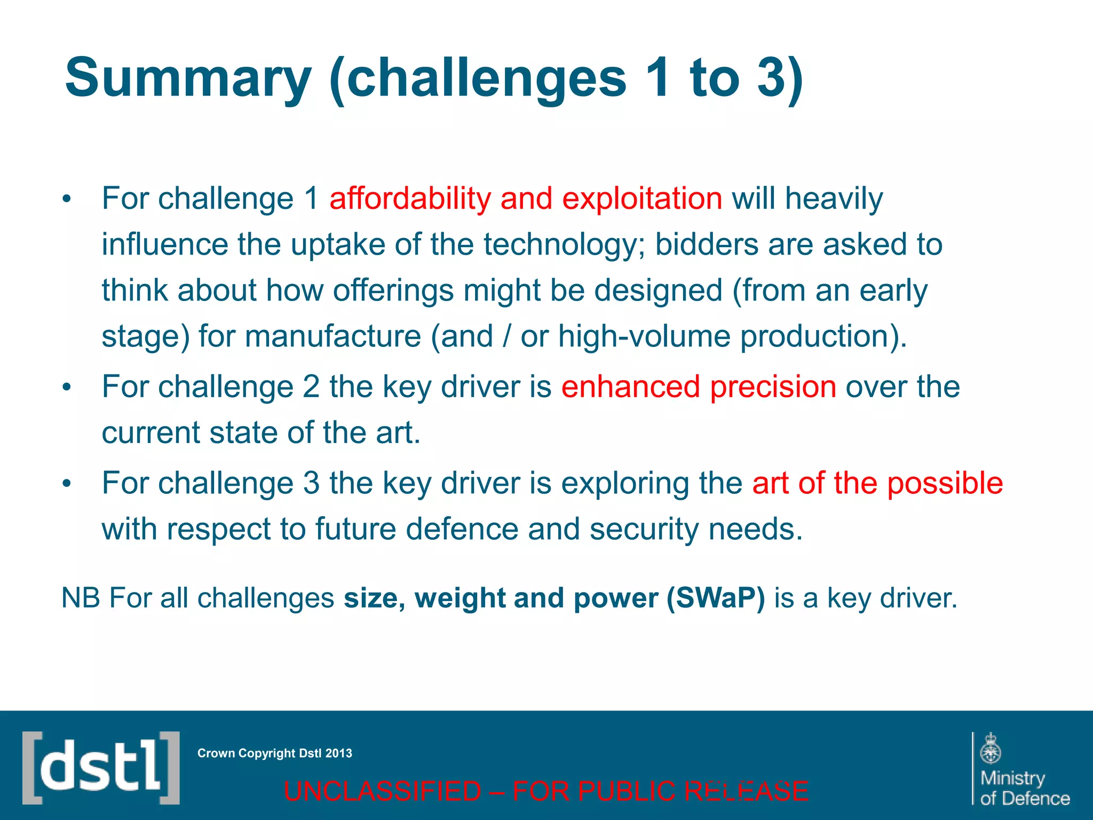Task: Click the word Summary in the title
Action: [x=188, y=79]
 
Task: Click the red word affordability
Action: [x=410, y=199]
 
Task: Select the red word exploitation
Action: [x=642, y=199]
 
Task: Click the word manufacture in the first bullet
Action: [x=332, y=337]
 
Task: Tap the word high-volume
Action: [x=644, y=337]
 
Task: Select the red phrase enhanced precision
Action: [x=699, y=387]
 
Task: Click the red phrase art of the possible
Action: [x=877, y=483]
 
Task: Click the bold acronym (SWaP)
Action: [x=715, y=598]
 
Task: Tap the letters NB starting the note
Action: [x=81, y=598]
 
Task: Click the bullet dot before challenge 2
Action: [x=66, y=388]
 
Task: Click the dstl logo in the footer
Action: [x=101, y=768]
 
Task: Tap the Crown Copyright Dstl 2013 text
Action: [x=274, y=753]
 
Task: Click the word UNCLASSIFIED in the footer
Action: [x=382, y=791]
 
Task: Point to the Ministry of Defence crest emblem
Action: [x=991, y=749]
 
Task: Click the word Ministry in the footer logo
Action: [x=1012, y=778]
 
